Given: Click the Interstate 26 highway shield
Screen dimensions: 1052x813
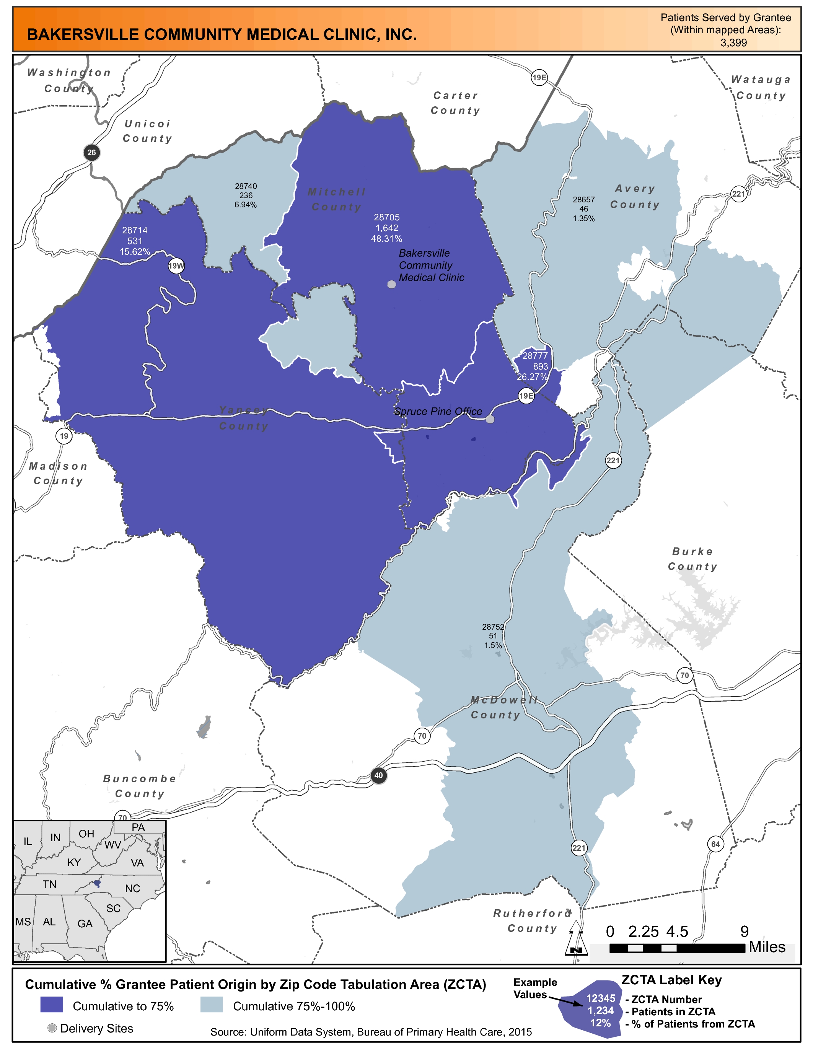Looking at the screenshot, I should (x=91, y=153).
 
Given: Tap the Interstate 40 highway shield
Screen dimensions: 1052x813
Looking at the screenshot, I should (x=378, y=775).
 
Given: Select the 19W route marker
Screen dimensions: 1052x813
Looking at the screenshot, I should (x=176, y=265).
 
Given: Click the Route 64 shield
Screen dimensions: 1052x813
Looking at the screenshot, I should (x=716, y=844).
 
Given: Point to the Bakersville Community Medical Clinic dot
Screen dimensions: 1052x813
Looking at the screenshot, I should (x=391, y=284).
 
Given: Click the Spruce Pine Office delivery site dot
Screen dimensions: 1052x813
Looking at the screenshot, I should (x=490, y=419).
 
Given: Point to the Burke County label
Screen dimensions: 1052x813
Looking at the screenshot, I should (x=692, y=559).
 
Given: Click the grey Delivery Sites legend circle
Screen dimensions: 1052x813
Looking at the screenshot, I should (x=52, y=1028).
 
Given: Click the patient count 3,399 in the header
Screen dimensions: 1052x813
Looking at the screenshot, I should (x=733, y=42).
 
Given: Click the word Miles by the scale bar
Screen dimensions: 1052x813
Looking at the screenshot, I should (x=767, y=947).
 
